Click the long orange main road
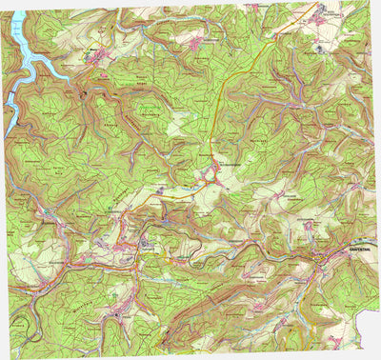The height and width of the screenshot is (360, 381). point(229,105)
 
